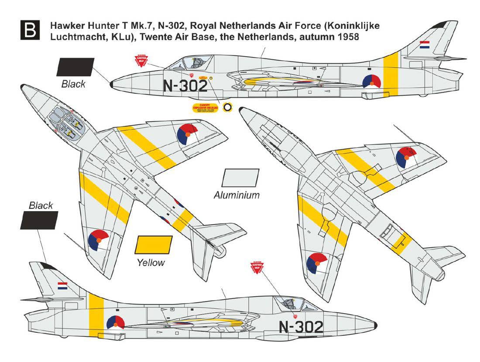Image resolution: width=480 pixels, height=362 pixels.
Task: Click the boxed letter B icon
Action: [30, 31]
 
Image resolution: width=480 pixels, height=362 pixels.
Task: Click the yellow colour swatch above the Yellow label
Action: [154, 245]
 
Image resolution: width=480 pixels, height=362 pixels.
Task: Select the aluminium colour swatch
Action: [240, 178]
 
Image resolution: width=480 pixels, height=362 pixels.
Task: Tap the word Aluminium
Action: [237, 195]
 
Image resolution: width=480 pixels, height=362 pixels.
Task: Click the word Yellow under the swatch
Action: [151, 263]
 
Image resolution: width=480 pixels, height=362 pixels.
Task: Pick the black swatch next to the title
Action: [75, 67]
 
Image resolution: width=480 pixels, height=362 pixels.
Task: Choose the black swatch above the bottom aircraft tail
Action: [39, 220]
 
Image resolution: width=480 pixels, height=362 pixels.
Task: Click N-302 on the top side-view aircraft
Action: [185, 86]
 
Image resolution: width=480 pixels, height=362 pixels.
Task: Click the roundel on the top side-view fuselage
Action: [372, 82]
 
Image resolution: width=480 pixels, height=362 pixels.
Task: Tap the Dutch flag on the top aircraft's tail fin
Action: [424, 44]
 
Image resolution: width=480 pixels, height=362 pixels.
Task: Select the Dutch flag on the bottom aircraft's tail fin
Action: [63, 286]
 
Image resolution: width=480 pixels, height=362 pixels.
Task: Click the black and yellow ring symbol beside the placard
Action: [228, 107]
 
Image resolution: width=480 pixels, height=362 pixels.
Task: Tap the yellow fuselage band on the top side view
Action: [390, 74]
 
